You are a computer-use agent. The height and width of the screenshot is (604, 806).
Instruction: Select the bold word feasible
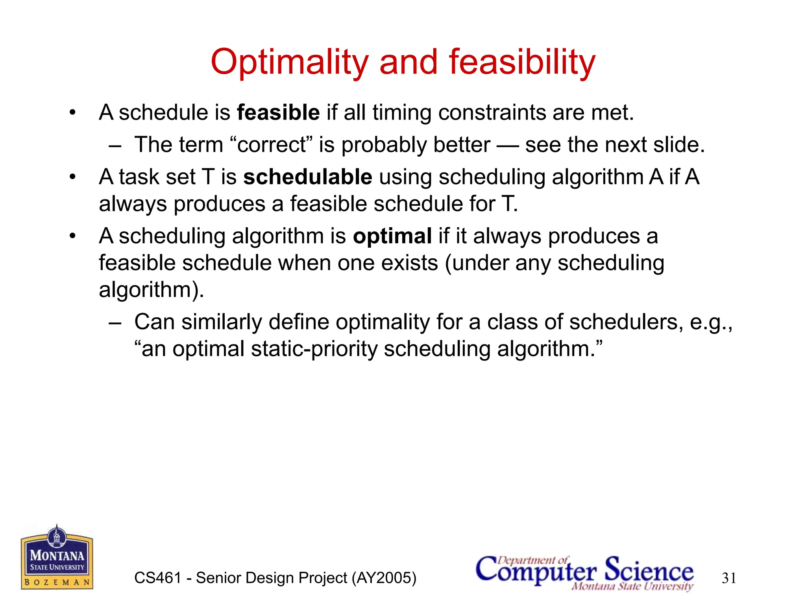(x=278, y=113)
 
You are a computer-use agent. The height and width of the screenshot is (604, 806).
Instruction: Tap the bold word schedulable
(x=308, y=177)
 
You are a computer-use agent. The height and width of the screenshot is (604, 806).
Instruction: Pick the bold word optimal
(x=392, y=236)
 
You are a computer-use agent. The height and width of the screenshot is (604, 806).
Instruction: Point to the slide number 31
(x=729, y=578)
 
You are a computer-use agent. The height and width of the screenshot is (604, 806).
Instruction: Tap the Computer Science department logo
(x=584, y=572)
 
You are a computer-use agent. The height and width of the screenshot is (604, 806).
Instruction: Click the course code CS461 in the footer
(x=157, y=578)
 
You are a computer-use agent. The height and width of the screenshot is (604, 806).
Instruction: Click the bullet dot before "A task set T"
(x=72, y=177)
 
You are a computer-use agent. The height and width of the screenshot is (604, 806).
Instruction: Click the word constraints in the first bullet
(x=492, y=113)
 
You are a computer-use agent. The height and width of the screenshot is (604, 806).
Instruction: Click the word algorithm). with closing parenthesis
(x=152, y=290)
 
